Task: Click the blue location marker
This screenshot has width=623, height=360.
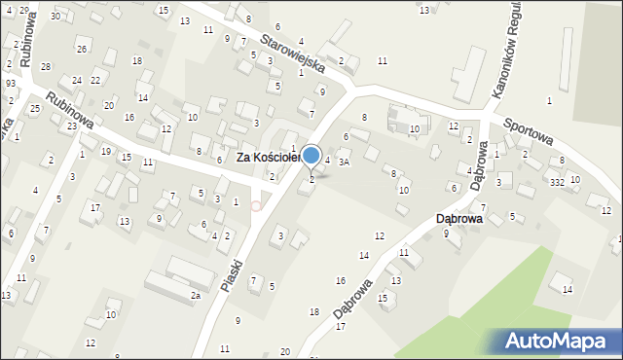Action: pyautogui.click(x=311, y=155)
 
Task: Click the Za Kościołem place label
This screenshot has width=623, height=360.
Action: pyautogui.click(x=272, y=157)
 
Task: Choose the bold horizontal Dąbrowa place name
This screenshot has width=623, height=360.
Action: pyautogui.click(x=460, y=219)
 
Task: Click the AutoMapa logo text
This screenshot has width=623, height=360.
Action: pyautogui.click(x=562, y=341)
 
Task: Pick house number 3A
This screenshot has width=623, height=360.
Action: pyautogui.click(x=344, y=162)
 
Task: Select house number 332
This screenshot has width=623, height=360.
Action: pyautogui.click(x=556, y=182)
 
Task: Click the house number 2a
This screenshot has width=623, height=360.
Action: pyautogui.click(x=195, y=295)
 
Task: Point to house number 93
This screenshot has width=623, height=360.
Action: pyautogui.click(x=10, y=84)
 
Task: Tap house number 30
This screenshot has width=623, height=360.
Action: pyautogui.click(x=55, y=17)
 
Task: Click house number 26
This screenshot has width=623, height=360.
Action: pyautogui.click(x=82, y=49)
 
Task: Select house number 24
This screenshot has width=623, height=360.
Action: pyautogui.click(x=76, y=80)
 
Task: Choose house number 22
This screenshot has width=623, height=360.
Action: pyautogui.click(x=95, y=80)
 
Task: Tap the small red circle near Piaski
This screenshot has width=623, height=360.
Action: pyautogui.click(x=256, y=205)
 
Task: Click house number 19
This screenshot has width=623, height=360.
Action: pyautogui.click(x=105, y=151)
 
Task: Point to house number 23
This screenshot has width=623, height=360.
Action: pyautogui.click(x=71, y=126)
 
